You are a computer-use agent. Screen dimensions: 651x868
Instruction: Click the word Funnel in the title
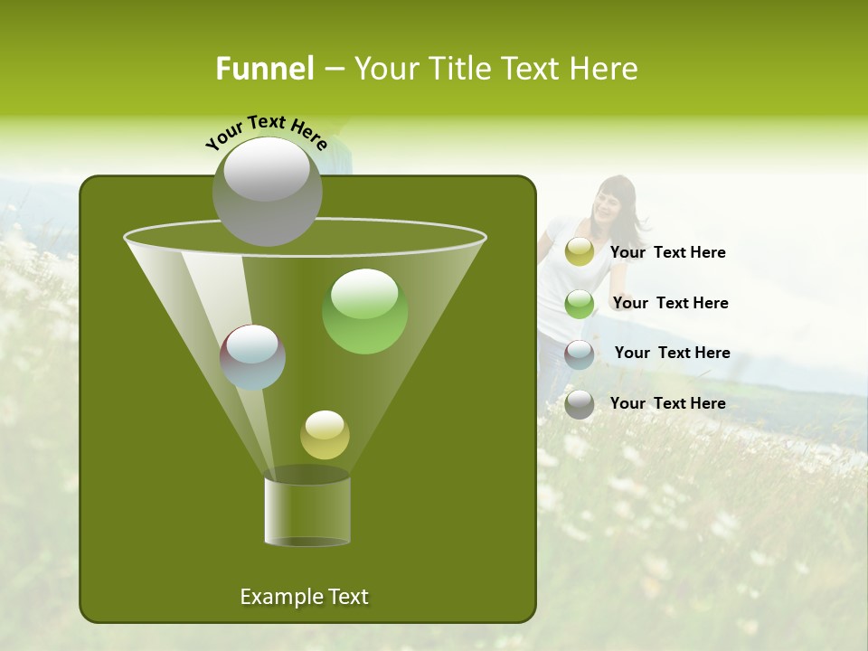(264, 69)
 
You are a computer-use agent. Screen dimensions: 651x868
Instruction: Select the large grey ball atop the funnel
(267, 191)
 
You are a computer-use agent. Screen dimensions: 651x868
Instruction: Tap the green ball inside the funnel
(364, 311)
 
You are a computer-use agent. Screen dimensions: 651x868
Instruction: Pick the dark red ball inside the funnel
(252, 357)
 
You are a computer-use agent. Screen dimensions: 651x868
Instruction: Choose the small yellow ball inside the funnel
(325, 434)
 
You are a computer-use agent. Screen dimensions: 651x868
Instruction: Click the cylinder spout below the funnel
(307, 512)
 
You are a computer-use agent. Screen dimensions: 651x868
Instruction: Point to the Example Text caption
(304, 597)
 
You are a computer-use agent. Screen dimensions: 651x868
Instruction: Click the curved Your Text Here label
(266, 132)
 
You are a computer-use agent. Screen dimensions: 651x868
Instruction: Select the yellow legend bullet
(580, 252)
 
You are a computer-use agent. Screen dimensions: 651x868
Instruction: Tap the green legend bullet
(580, 304)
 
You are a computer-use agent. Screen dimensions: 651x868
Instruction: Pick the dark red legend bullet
(580, 354)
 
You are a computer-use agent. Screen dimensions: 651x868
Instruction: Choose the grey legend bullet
(580, 404)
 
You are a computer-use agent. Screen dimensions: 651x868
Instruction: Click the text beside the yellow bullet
(667, 252)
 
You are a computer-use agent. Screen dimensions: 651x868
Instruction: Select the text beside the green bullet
(670, 303)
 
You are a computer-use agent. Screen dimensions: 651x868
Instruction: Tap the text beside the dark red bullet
(672, 353)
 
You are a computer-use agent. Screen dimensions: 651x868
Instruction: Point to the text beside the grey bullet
(667, 403)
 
